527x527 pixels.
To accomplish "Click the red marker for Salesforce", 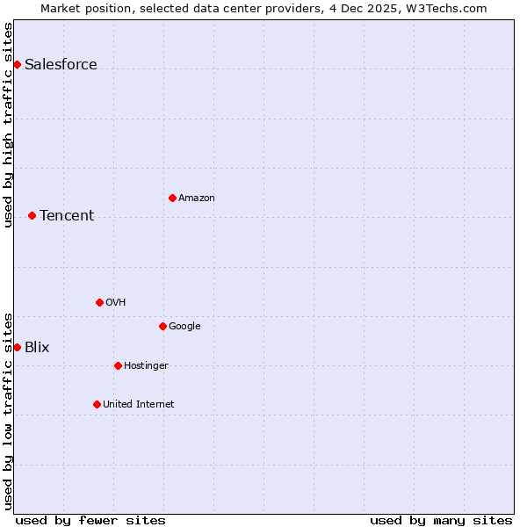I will [17, 64].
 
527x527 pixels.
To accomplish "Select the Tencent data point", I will [32, 215].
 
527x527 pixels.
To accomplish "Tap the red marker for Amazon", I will [172, 198].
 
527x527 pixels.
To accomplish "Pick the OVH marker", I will [99, 302].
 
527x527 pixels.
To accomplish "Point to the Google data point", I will [162, 326].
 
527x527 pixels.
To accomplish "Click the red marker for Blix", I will [17, 347].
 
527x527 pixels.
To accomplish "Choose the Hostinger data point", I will [118, 365].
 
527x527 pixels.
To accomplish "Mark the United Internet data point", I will [97, 404].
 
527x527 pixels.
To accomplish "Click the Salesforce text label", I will [61, 64].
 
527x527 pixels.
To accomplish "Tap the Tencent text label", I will [67, 215].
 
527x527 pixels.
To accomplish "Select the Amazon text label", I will [197, 198].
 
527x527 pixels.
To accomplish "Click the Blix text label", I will [37, 347].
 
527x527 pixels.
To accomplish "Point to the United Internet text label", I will [139, 404].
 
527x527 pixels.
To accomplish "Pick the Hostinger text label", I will [146, 365].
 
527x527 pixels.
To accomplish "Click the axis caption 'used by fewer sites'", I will [90, 520].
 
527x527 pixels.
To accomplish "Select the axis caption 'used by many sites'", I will [441, 520].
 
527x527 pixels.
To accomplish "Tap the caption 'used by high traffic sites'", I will [8, 125].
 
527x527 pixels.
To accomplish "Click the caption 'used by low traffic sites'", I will [8, 410].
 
